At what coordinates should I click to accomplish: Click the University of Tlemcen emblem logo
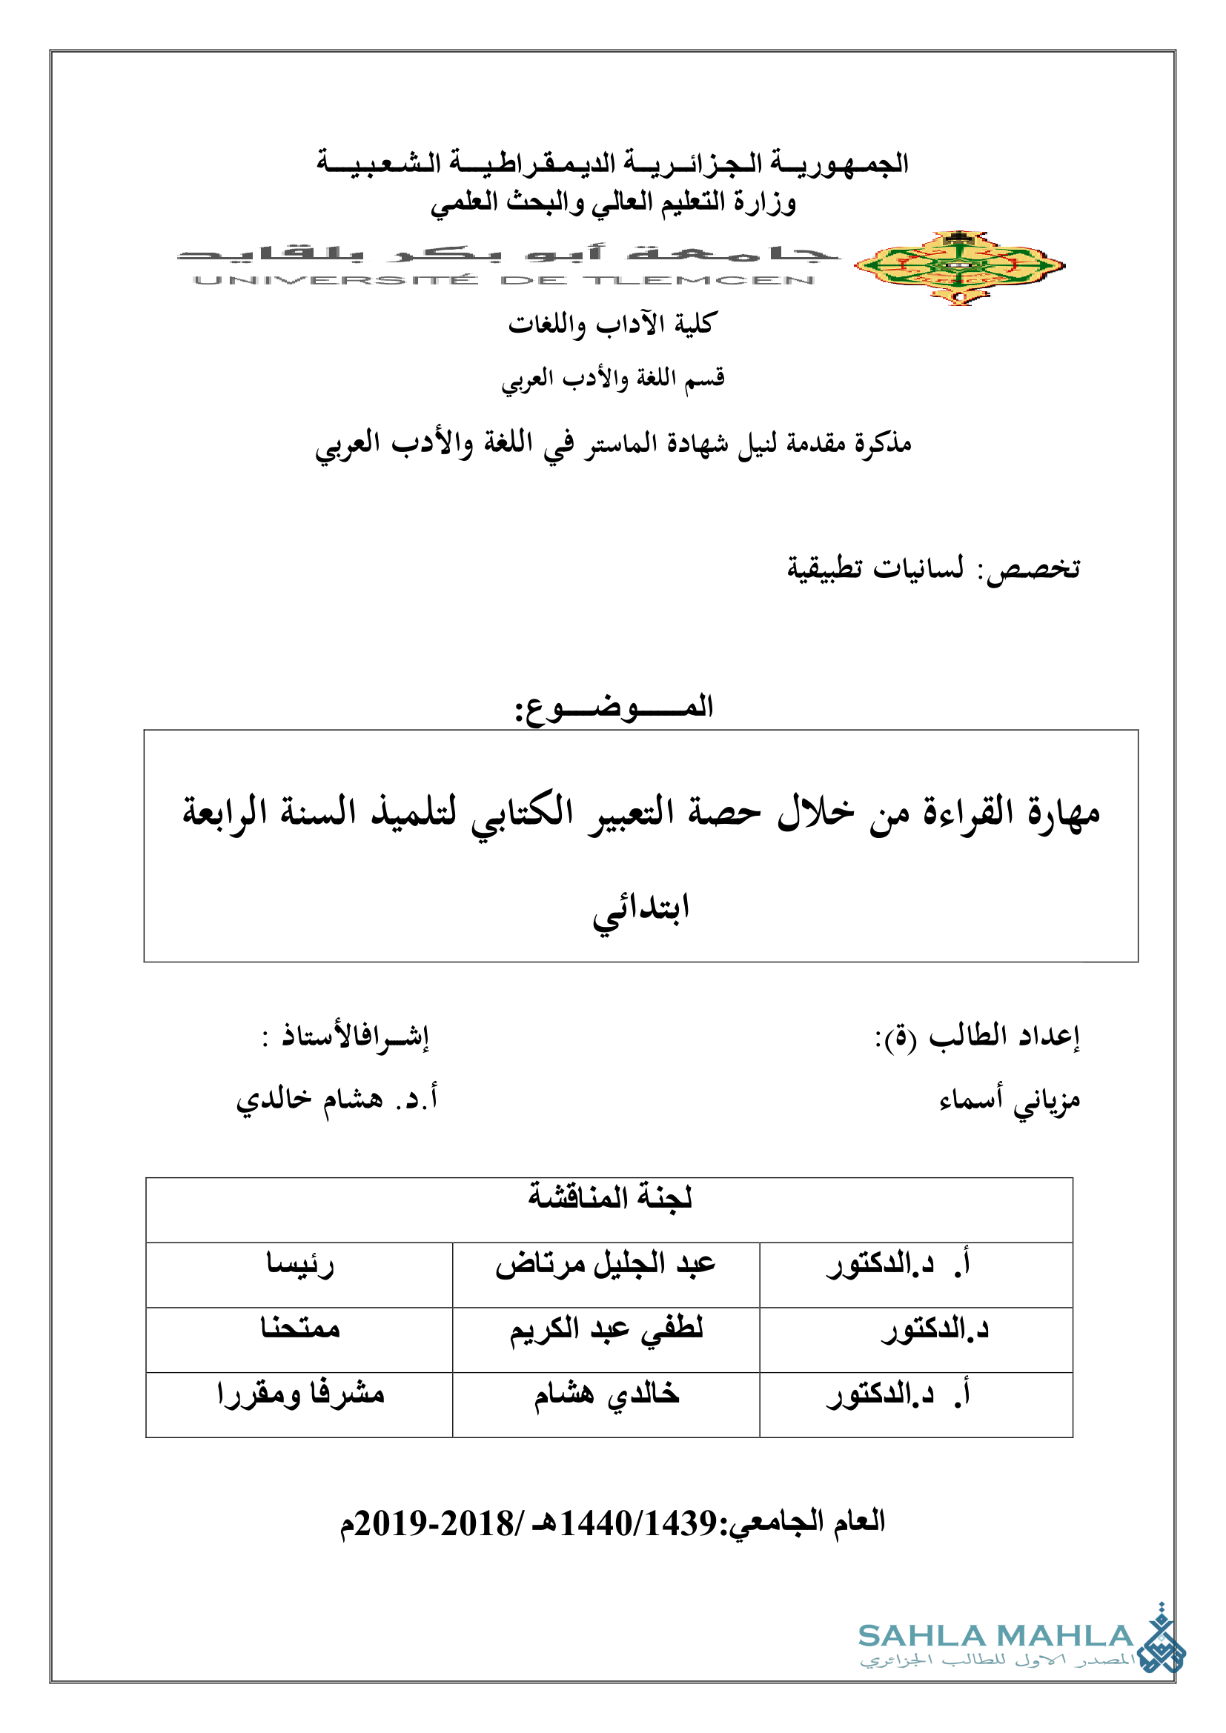(959, 267)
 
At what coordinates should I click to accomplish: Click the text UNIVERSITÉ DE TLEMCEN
(503, 281)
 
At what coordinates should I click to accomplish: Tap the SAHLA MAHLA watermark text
(995, 1636)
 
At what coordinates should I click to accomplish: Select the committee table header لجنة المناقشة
(609, 1197)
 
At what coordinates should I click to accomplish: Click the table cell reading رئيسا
(299, 1264)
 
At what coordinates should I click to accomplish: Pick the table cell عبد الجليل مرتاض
(606, 1264)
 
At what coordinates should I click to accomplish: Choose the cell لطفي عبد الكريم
(606, 1329)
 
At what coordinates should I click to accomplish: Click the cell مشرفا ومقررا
(300, 1394)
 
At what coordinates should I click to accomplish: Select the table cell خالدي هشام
(606, 1394)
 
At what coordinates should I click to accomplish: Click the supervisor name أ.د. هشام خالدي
(337, 1098)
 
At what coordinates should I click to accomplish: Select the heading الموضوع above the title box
(614, 708)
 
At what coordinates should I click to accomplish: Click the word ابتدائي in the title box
(641, 910)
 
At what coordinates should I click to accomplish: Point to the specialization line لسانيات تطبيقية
(875, 568)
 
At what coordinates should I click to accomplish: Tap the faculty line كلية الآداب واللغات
(611, 324)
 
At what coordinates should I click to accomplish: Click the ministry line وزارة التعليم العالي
(613, 202)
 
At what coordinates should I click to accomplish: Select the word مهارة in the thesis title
(1062, 813)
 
